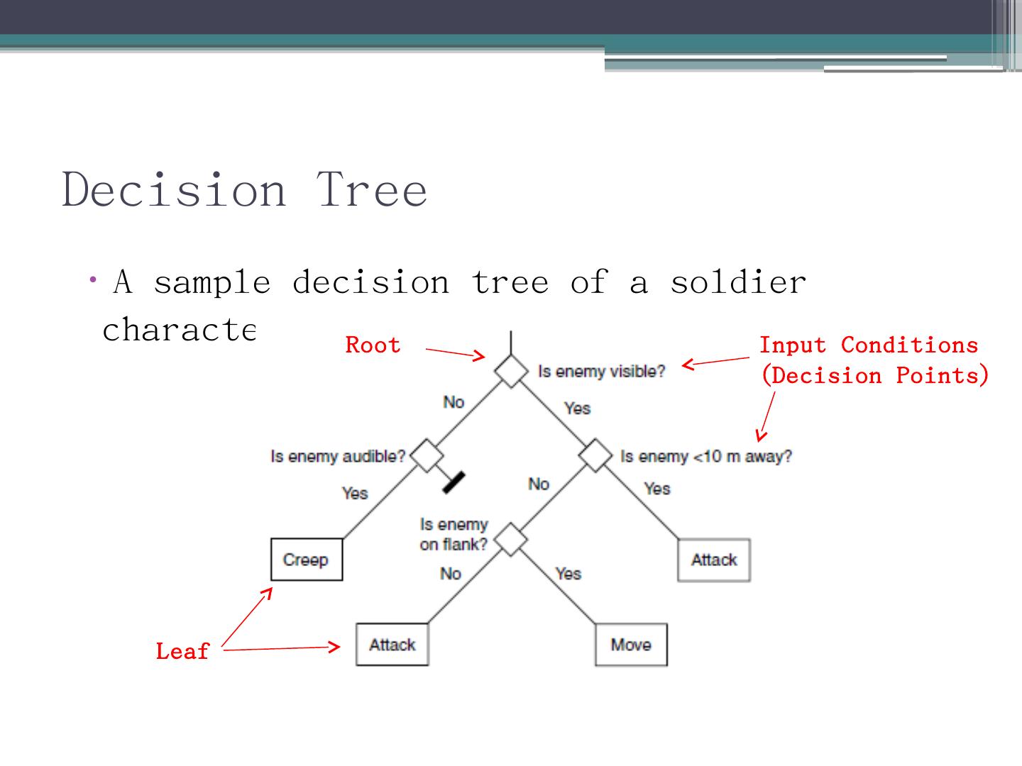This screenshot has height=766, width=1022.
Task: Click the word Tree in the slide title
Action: (x=372, y=190)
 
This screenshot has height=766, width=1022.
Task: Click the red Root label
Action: (x=373, y=345)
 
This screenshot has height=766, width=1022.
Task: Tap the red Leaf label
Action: (x=182, y=651)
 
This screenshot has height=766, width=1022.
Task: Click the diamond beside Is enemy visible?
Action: (x=511, y=370)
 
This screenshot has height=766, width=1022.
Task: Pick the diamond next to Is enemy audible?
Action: (x=427, y=455)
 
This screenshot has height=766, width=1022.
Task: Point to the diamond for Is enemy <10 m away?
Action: (x=595, y=455)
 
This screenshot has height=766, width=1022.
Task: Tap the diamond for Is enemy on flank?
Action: (x=511, y=540)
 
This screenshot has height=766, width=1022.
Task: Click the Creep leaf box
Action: (x=307, y=560)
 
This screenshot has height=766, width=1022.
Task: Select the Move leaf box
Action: (x=631, y=645)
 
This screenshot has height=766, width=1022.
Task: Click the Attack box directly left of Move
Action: (x=392, y=645)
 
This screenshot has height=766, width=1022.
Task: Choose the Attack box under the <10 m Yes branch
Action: (x=714, y=560)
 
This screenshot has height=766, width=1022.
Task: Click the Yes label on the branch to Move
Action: (x=568, y=573)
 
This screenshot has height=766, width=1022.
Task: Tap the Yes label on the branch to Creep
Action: (x=355, y=493)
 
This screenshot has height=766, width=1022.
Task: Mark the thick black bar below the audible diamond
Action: (x=454, y=482)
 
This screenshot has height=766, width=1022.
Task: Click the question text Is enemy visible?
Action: (x=601, y=372)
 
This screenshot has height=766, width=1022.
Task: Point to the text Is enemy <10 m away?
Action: (x=706, y=456)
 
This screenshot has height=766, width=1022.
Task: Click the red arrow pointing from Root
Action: (x=455, y=353)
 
